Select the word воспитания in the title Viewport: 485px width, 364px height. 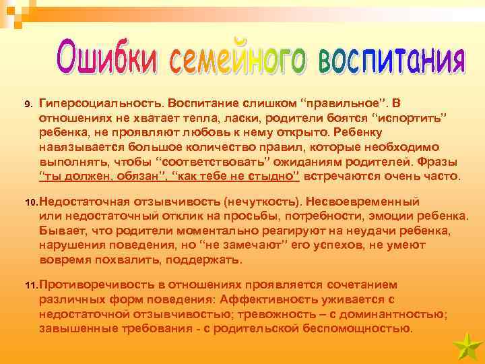click(x=391, y=59)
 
